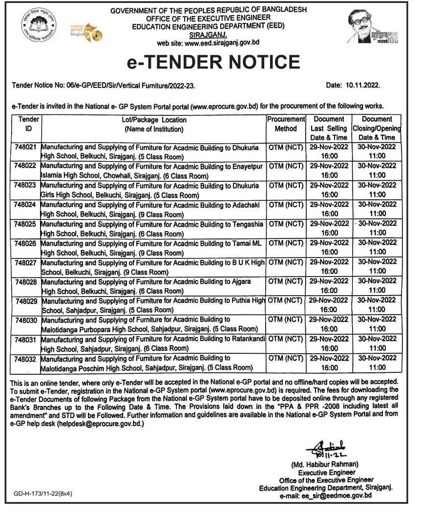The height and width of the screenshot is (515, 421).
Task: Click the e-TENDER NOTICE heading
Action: (x=213, y=62)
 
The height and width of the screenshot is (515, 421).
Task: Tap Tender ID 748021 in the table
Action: (x=25, y=146)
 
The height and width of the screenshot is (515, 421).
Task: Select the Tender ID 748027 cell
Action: (x=25, y=262)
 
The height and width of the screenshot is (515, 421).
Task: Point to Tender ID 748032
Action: (x=25, y=358)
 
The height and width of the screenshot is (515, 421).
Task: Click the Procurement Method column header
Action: (x=286, y=124)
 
